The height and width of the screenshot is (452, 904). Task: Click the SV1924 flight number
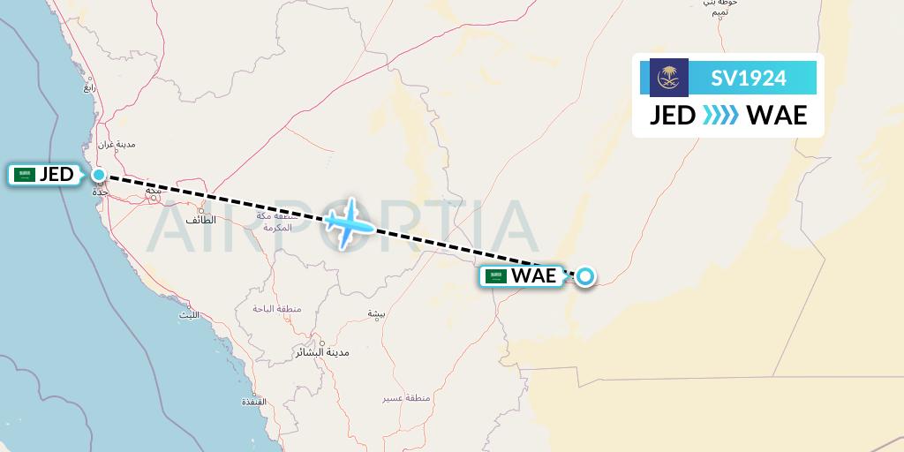749,78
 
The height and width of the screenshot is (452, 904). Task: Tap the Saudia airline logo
668,78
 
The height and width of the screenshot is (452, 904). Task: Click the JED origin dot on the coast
98,175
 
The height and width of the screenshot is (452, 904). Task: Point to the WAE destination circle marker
584,277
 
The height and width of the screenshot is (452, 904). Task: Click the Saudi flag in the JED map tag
25,175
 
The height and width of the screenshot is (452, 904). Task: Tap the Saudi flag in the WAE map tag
497,276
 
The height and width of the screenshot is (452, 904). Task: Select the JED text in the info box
673,116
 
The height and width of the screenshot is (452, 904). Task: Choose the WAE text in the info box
777,116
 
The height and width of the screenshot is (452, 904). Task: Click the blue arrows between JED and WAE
720,116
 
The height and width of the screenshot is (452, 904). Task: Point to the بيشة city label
377,313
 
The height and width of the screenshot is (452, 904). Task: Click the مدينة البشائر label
325,351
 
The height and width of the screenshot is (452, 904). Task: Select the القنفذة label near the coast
254,403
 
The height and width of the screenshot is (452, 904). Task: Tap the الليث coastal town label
189,314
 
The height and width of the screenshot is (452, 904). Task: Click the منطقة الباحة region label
277,309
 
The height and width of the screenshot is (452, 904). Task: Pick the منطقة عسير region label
405,399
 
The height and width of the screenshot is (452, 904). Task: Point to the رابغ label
90,87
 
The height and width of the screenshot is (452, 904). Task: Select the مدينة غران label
115,143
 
